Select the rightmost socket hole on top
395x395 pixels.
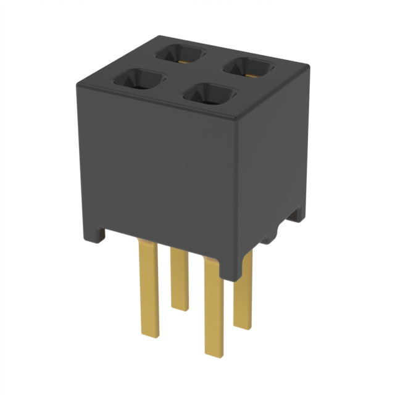coord(249,67)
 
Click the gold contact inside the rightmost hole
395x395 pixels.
coord(251,73)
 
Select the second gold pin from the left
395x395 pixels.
coord(180,278)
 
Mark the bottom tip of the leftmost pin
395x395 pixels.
coord(150,334)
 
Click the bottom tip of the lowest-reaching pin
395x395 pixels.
coord(214,353)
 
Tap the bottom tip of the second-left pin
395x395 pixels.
coord(180,307)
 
